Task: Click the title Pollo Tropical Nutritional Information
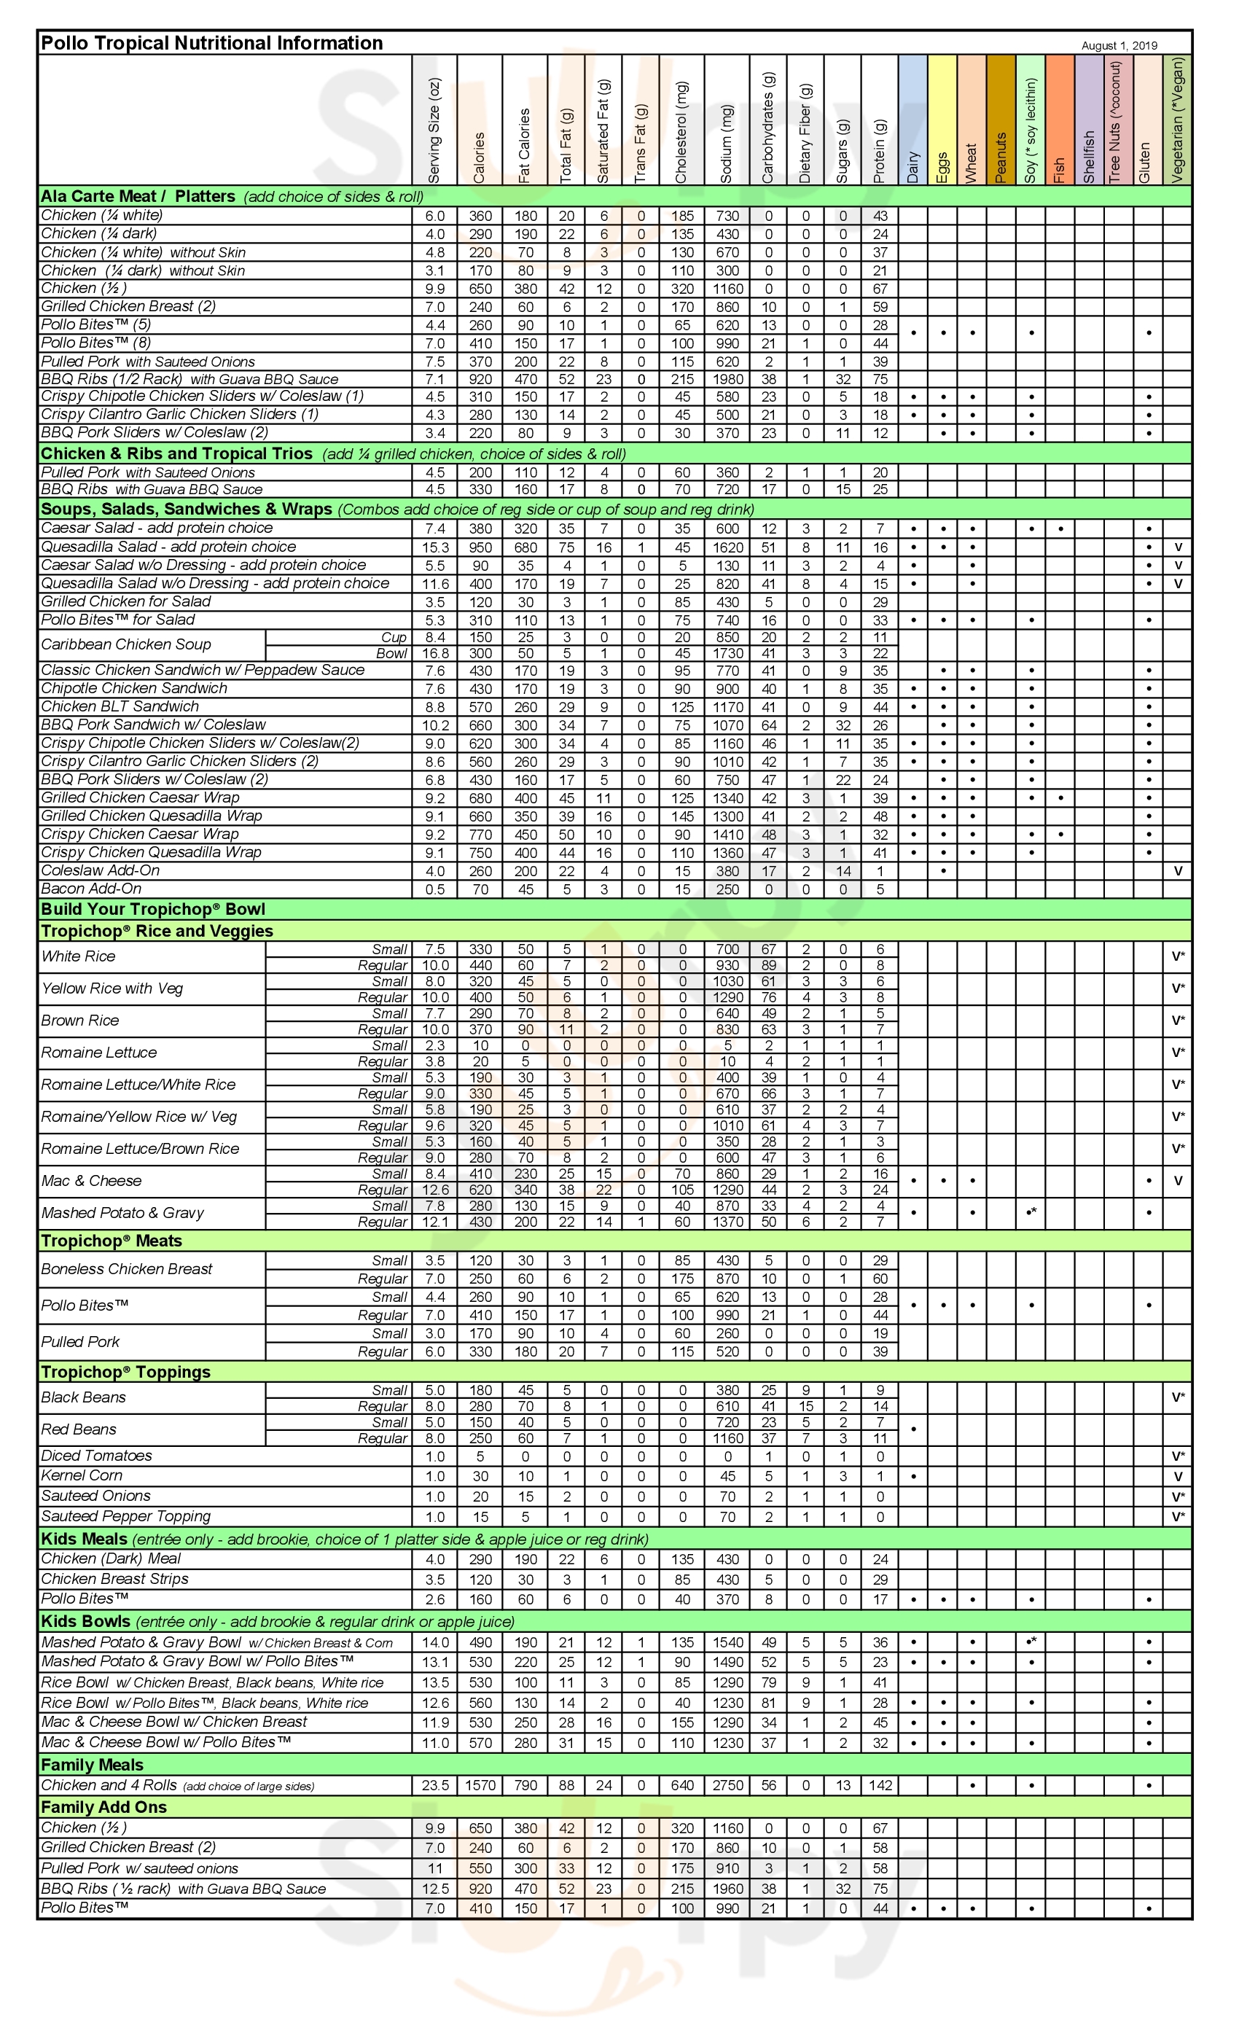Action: [x=211, y=43]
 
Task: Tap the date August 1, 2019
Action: [x=1119, y=45]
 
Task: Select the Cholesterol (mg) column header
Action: [x=681, y=132]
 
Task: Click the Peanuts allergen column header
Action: [x=1001, y=157]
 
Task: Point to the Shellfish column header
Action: [x=1088, y=156]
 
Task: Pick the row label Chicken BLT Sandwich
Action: [x=120, y=706]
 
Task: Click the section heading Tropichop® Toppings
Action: [x=126, y=1372]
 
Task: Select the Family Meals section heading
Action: [x=92, y=1764]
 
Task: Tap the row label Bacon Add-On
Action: [x=91, y=889]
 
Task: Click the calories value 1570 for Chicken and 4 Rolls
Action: [x=480, y=1785]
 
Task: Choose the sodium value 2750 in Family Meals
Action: [x=727, y=1785]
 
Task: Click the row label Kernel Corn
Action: [x=82, y=1475]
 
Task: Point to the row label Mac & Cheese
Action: [x=91, y=1180]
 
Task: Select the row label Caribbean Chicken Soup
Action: [x=126, y=644]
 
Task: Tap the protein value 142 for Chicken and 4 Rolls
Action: [x=880, y=1785]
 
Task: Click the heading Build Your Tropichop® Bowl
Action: [x=153, y=909]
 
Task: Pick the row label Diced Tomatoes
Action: [x=97, y=1456]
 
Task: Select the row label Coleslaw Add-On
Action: [x=101, y=870]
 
